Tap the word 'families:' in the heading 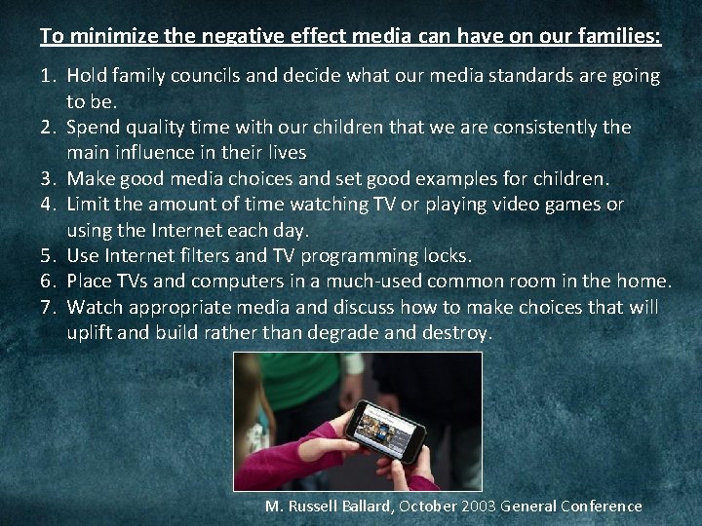(621, 37)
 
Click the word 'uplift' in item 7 (93, 332)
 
